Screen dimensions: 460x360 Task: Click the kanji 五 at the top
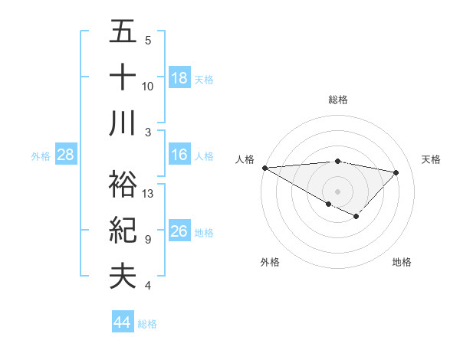click(x=123, y=32)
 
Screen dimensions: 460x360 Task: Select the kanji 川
click(x=123, y=123)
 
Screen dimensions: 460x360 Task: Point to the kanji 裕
click(x=123, y=184)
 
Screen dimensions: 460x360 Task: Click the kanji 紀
click(x=123, y=230)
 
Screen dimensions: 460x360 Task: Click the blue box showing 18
click(x=179, y=78)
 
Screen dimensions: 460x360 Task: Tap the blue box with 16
click(x=179, y=155)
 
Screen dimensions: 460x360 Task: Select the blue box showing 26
click(x=179, y=232)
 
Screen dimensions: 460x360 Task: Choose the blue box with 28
click(x=66, y=155)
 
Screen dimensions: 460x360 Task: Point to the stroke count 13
click(x=149, y=194)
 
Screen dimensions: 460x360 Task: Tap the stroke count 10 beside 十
click(x=148, y=86)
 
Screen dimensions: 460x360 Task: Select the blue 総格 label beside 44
click(x=147, y=324)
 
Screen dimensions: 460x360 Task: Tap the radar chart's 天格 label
click(x=431, y=159)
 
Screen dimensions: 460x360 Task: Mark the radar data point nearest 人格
click(x=264, y=167)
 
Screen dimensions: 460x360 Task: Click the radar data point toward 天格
click(x=396, y=172)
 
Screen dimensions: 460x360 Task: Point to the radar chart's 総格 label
click(x=338, y=100)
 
